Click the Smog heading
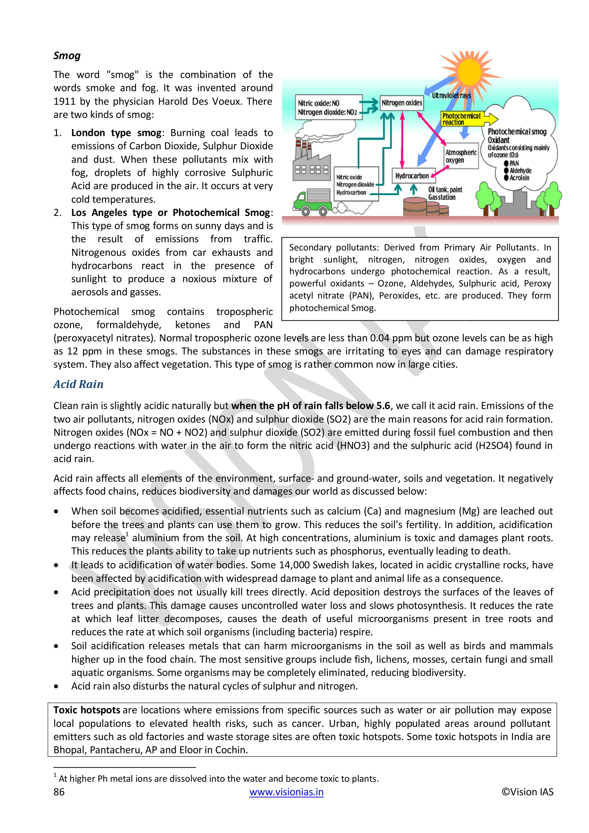coord(67,56)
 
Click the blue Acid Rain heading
coord(78,384)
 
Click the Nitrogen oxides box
coord(401,103)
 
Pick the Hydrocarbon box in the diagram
coord(413,176)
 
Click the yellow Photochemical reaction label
coord(461,119)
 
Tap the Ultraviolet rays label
coord(451,95)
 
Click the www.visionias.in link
coord(286,792)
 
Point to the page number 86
coord(59,792)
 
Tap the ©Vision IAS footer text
coord(527,792)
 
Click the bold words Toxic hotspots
coord(87,710)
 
